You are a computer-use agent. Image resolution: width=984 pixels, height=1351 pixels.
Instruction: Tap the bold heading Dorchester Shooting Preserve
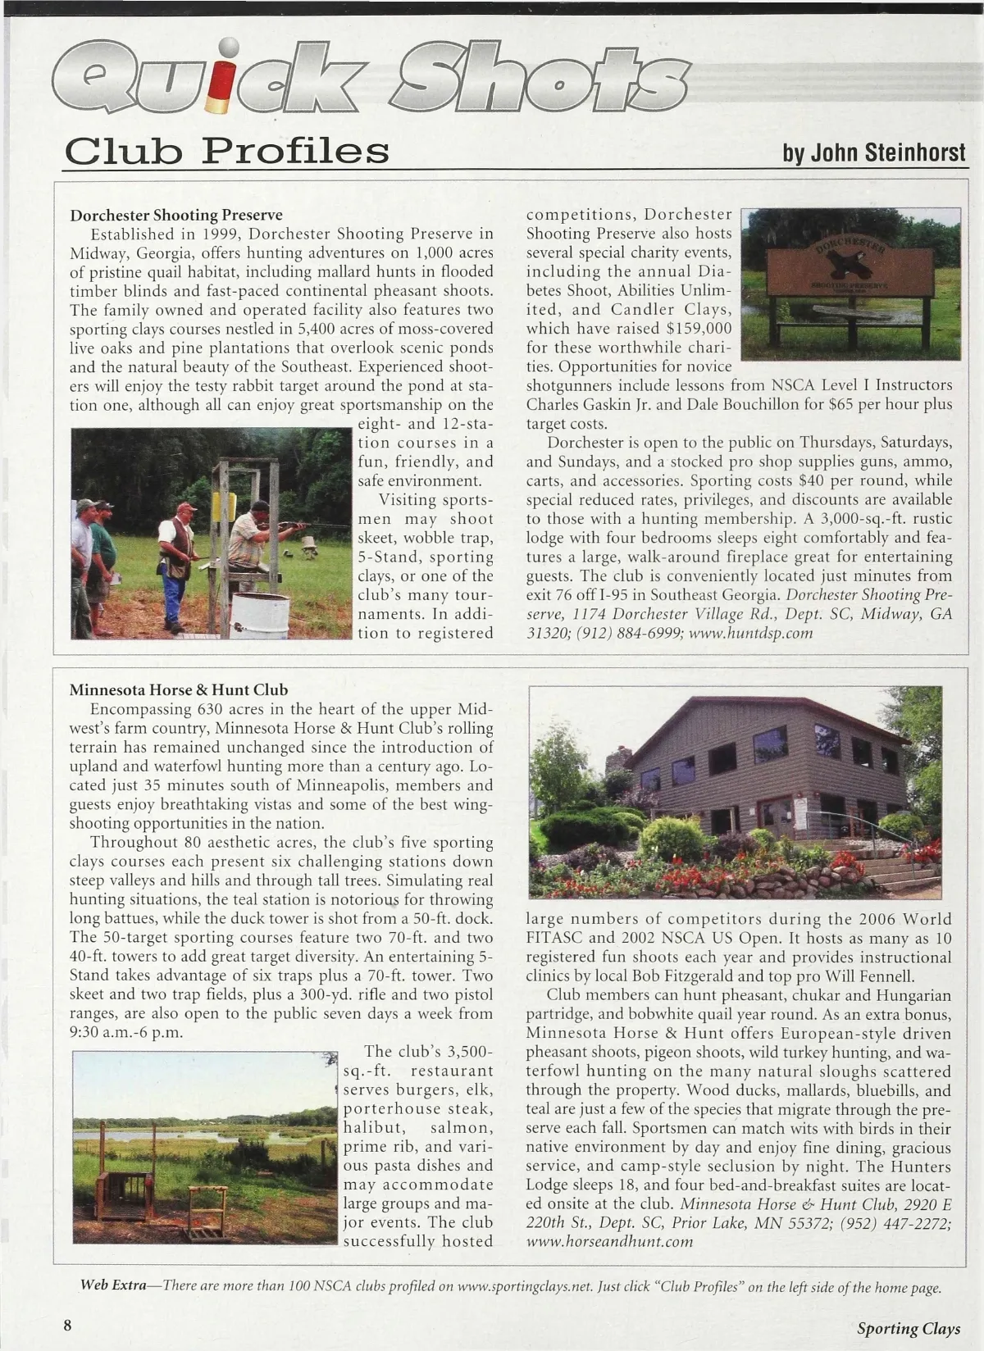(x=176, y=216)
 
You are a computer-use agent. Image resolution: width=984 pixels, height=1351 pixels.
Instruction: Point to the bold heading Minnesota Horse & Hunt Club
(x=179, y=690)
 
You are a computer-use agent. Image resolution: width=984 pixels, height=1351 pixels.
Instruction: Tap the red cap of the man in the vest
(x=186, y=507)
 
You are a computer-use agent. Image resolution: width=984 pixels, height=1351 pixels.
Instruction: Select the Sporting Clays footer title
(x=908, y=1328)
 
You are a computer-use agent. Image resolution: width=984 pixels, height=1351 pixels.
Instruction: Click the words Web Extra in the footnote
(x=113, y=1285)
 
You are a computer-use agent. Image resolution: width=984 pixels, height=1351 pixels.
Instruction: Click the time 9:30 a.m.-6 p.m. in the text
(x=126, y=1032)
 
